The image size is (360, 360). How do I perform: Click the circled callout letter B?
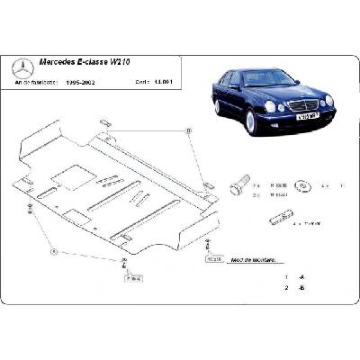click(189, 133)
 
